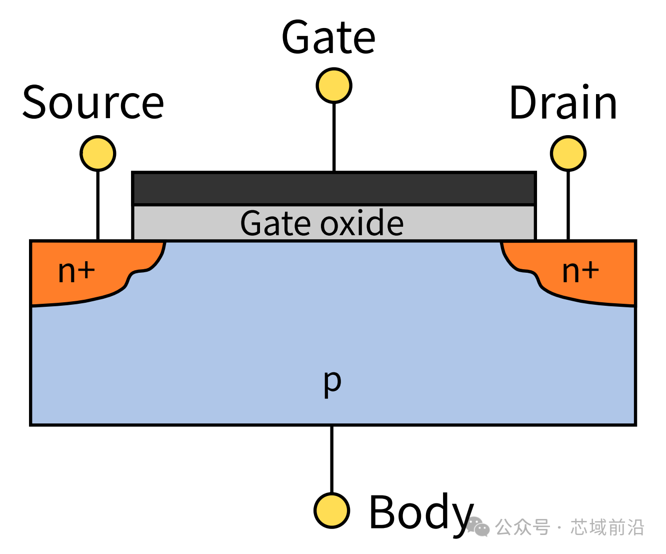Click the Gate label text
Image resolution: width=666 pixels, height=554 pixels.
click(328, 38)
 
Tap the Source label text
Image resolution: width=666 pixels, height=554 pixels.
click(93, 103)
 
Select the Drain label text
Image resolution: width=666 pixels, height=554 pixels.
click(563, 103)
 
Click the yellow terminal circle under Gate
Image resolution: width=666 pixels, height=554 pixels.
click(334, 86)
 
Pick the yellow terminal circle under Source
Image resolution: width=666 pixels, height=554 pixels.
click(98, 153)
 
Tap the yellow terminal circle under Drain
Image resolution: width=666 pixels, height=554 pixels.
click(568, 153)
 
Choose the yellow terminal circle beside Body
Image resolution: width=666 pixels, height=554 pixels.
click(331, 510)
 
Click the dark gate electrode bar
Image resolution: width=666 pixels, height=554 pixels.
click(334, 188)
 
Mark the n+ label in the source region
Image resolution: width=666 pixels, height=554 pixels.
click(76, 271)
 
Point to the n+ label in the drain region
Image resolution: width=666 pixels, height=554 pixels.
click(580, 271)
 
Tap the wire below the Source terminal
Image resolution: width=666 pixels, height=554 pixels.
click(98, 205)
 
